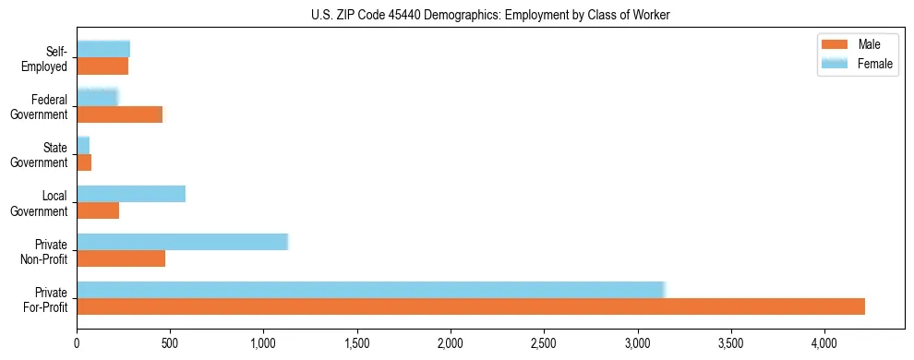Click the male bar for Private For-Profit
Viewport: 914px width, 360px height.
471,306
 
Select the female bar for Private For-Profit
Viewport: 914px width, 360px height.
370,289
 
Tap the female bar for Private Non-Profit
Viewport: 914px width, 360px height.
182,241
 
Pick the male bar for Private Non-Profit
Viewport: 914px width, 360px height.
121,258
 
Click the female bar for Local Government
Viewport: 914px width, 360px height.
131,193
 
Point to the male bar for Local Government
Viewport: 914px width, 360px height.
98,210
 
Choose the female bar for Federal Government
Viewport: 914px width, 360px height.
97,97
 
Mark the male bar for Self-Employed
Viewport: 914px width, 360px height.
102,66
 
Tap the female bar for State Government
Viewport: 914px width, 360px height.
83,145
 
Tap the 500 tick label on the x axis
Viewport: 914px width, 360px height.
170,342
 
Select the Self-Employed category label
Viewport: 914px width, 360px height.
46,58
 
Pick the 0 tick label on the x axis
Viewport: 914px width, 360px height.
77,342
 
